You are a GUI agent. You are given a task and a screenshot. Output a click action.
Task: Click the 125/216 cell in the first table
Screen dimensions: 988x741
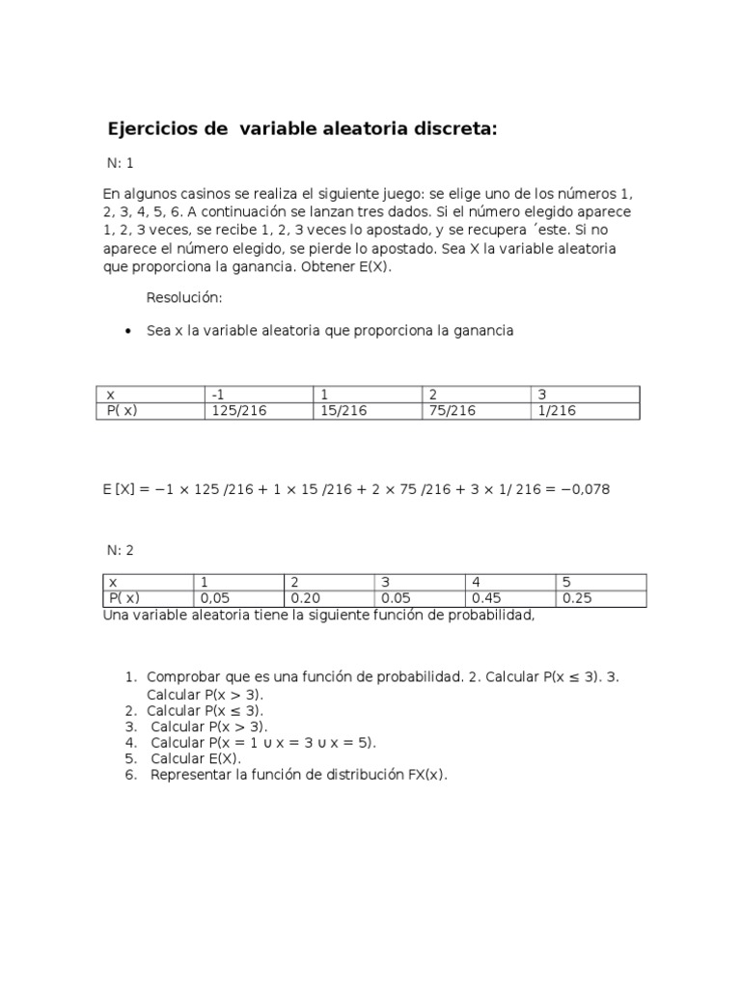237,411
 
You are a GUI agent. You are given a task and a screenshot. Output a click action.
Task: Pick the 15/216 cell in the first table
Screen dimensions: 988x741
342,411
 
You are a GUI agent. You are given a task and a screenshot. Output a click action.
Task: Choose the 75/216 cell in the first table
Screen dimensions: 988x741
452,411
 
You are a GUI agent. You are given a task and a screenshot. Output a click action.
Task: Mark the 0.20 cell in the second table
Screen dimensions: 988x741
305,598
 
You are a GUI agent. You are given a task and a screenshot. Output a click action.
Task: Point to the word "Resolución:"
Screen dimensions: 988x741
184,297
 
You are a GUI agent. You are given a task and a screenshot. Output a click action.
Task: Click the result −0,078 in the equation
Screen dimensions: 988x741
583,489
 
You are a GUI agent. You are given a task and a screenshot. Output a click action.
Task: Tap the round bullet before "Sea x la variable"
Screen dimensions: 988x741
128,331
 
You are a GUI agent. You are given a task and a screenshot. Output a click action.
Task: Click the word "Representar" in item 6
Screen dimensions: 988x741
190,775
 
